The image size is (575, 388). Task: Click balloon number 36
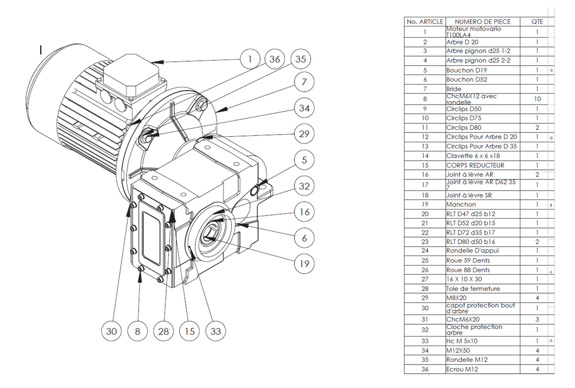point(275,59)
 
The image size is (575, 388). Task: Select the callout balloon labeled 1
point(249,59)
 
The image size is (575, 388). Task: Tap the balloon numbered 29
point(305,134)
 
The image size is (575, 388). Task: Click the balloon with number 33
point(216,331)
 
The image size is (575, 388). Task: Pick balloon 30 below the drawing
point(112,331)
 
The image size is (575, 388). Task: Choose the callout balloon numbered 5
point(305,160)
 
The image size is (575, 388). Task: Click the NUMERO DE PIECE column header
point(482,22)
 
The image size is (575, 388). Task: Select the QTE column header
point(537,22)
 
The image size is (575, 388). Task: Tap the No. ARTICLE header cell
point(424,22)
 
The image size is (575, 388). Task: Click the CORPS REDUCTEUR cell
point(474,165)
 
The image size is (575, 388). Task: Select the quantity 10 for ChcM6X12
point(537,99)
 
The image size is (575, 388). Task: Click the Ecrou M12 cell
point(463,369)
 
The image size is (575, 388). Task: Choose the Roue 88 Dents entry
point(467,270)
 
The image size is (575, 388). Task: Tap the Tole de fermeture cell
point(472,289)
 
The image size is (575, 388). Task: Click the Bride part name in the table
point(454,89)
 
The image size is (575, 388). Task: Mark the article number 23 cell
point(424,242)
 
